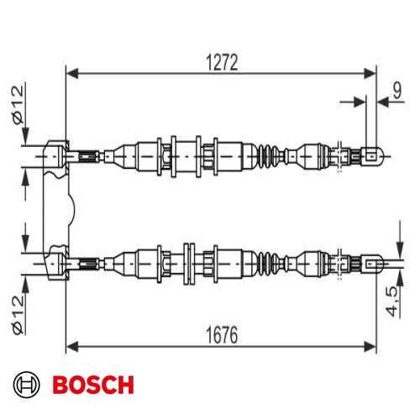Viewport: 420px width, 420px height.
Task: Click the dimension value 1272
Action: [x=222, y=62]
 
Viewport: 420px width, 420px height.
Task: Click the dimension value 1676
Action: [x=222, y=335]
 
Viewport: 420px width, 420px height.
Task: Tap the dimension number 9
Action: [x=397, y=90]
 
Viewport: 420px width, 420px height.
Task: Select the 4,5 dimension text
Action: [x=391, y=301]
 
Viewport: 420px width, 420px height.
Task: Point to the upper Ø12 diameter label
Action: [x=18, y=105]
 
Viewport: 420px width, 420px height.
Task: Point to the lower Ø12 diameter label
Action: [x=18, y=314]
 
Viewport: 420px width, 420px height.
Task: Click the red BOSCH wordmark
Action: [x=93, y=385]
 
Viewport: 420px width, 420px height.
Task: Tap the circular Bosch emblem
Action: [x=27, y=385]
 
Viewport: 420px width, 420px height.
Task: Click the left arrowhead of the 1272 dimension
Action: [x=72, y=74]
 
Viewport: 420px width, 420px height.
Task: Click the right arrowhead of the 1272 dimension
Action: [x=370, y=74]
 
